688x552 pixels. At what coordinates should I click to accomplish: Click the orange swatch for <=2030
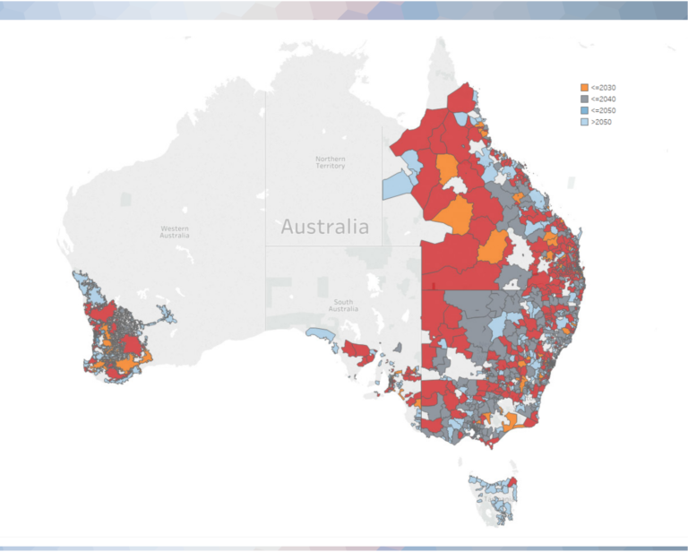pos(585,87)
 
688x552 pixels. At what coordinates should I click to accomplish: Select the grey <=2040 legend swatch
pos(585,99)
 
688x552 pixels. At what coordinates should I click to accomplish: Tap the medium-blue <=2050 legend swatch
pos(585,109)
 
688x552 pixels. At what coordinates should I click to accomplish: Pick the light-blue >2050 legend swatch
pos(585,121)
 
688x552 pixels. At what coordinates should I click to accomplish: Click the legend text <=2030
pos(603,87)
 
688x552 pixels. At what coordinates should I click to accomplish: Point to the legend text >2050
pos(601,121)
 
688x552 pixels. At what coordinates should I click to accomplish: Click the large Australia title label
pos(324,227)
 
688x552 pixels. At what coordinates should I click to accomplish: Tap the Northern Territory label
pos(330,162)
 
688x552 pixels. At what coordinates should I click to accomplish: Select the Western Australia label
pos(175,231)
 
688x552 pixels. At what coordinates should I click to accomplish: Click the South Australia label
pos(343,305)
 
